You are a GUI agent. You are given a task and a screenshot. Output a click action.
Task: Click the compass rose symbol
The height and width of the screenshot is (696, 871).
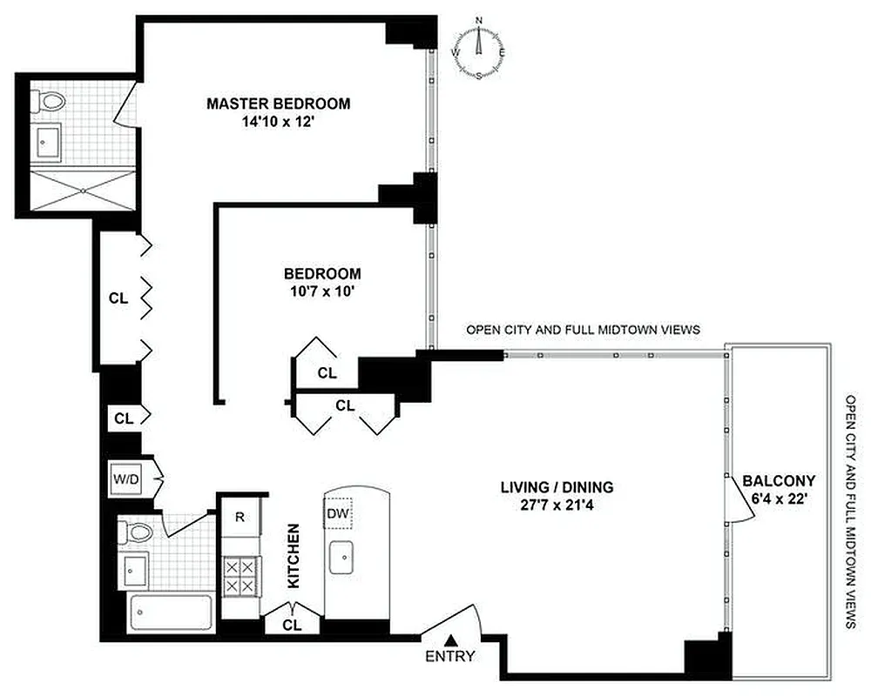pos(478,50)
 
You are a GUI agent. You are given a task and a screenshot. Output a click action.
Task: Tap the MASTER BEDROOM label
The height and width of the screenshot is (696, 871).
pos(278,104)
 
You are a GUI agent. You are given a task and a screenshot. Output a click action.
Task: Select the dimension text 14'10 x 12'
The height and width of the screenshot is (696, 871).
pos(278,123)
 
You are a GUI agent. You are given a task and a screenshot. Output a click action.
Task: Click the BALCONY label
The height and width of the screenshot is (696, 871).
pos(779,480)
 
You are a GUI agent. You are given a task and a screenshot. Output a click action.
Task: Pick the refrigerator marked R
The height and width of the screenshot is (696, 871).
pos(239,515)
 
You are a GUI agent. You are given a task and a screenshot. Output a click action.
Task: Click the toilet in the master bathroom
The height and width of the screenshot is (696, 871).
pos(51,102)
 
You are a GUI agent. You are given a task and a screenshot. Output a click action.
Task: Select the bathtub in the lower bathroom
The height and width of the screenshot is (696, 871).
pos(171,614)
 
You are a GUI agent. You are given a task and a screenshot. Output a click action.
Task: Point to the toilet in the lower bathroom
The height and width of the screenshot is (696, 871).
pos(135,531)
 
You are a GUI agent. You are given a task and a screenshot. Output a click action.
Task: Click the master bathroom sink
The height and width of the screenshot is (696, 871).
pos(49,139)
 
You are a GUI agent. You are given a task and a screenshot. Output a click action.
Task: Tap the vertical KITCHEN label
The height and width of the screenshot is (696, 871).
pos(294,555)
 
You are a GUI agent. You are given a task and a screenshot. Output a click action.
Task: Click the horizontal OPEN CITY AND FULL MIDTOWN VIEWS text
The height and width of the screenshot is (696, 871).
pos(584,331)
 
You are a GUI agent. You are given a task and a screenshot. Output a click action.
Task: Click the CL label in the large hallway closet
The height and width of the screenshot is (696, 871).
pos(118,298)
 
